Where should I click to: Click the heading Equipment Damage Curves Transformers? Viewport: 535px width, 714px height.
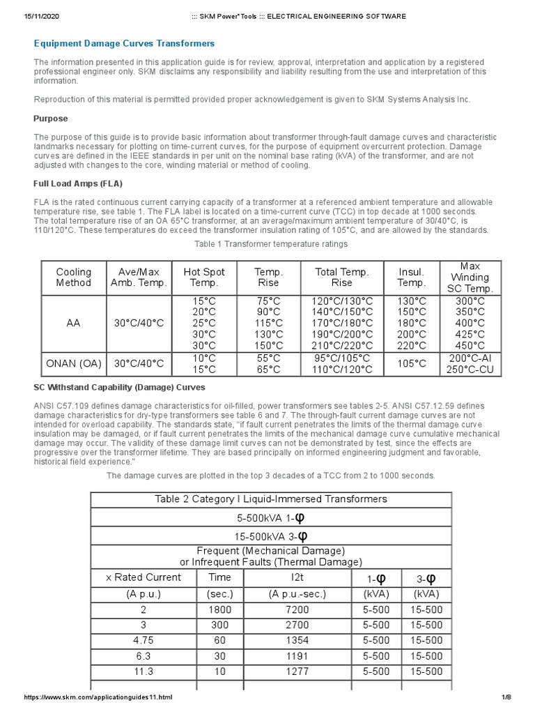(125, 43)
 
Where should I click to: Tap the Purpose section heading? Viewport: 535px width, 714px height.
(51, 119)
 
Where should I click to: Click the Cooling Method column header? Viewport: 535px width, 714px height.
(74, 278)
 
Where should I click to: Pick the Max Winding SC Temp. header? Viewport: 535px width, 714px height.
(470, 278)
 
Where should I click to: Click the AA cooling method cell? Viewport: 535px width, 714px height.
(74, 324)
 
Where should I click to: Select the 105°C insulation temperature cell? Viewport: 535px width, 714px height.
(412, 363)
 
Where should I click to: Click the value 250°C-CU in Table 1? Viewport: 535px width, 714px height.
(470, 369)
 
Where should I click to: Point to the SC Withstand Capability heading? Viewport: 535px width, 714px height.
(119, 387)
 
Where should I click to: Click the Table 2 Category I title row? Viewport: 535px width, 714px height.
(271, 499)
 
